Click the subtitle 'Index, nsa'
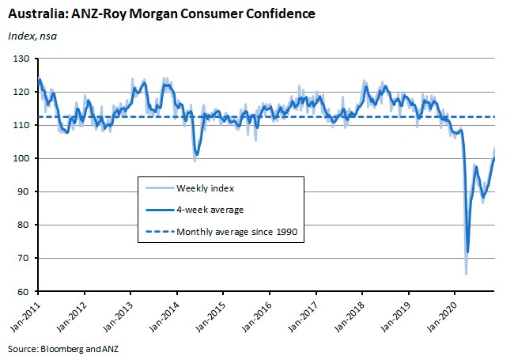[x=32, y=36]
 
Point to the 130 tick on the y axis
[x=21, y=59]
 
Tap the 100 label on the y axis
[x=21, y=158]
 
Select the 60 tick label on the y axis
[x=23, y=291]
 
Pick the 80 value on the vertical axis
[x=23, y=225]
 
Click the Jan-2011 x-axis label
[x=25, y=316]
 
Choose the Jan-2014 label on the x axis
[x=164, y=316]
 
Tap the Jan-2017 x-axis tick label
[x=303, y=316]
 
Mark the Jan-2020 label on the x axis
[x=442, y=316]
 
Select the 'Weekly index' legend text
[x=206, y=188]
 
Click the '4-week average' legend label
[x=210, y=210]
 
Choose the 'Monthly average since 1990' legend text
[x=237, y=232]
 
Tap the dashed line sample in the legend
[x=160, y=232]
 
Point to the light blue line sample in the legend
[x=160, y=188]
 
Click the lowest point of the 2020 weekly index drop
[x=466, y=274]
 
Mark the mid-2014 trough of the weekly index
[x=195, y=161]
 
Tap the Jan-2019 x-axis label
[x=396, y=316]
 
